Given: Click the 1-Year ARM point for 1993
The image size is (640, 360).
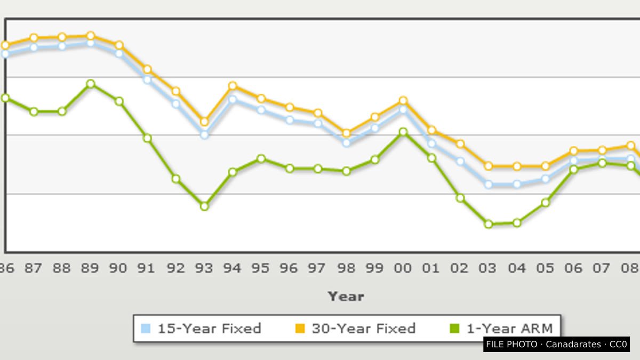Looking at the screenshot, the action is (204, 206).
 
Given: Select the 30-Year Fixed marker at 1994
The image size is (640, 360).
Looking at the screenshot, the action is (233, 86).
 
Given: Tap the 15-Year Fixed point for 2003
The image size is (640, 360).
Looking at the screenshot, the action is (489, 185).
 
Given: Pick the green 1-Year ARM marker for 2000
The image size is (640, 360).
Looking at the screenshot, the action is (403, 132).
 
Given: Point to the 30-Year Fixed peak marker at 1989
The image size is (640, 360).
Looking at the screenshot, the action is (91, 36).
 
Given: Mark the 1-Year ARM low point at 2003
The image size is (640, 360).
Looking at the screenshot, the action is (489, 225).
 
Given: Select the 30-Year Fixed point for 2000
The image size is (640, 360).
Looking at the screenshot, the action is (403, 101).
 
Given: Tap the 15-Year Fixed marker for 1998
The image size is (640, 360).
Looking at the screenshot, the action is (346, 143).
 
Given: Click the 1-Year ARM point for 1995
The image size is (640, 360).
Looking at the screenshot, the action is (261, 158).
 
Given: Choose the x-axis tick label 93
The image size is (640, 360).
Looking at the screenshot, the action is (204, 268).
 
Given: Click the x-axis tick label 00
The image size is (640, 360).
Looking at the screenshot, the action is (403, 268).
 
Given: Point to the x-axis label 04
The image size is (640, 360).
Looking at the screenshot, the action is (517, 268).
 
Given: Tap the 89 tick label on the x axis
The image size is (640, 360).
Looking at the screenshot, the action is (90, 268).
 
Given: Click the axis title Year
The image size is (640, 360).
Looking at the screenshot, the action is (346, 297).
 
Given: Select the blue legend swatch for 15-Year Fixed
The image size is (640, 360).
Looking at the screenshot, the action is (146, 329).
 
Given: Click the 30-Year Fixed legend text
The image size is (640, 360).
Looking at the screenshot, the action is (364, 329).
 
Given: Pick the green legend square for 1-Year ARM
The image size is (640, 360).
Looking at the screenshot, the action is (454, 329).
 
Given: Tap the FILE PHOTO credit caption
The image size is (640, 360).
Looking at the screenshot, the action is (557, 345).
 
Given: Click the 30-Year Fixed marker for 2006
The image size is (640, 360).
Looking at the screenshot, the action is (574, 150).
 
